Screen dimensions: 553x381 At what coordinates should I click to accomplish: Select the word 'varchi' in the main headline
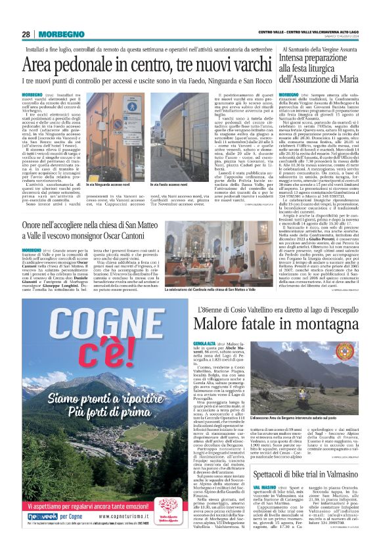pyautogui.click(x=233, y=65)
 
